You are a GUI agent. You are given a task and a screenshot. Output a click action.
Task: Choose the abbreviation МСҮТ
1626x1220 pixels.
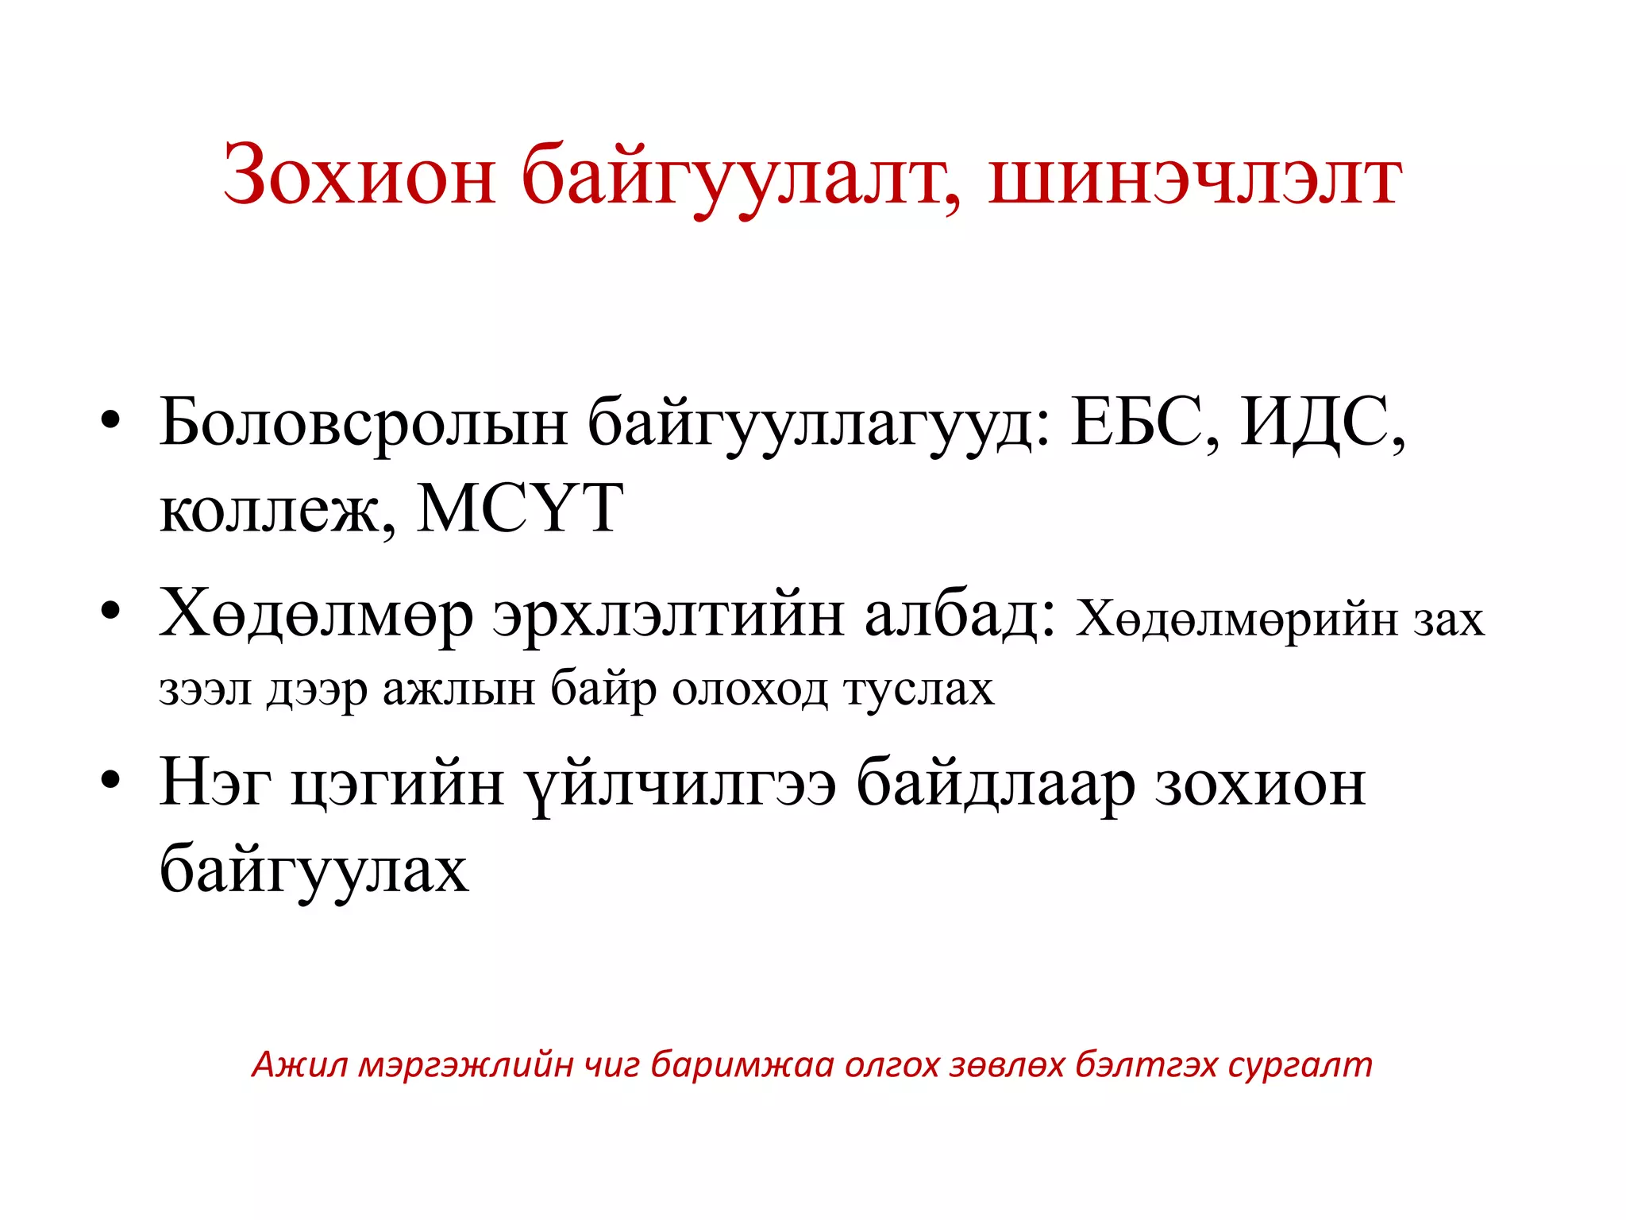[521, 508]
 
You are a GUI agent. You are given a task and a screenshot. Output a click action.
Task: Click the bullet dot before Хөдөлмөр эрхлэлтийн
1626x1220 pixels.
[110, 611]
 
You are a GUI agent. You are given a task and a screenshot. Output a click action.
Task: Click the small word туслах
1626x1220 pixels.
[919, 689]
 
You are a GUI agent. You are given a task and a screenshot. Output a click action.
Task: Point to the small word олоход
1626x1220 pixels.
[750, 689]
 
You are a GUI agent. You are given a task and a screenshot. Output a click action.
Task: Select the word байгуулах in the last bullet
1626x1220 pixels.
[314, 870]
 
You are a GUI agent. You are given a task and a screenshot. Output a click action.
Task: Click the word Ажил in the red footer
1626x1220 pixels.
[299, 1064]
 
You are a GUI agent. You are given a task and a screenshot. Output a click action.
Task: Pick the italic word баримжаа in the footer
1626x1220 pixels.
[742, 1064]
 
